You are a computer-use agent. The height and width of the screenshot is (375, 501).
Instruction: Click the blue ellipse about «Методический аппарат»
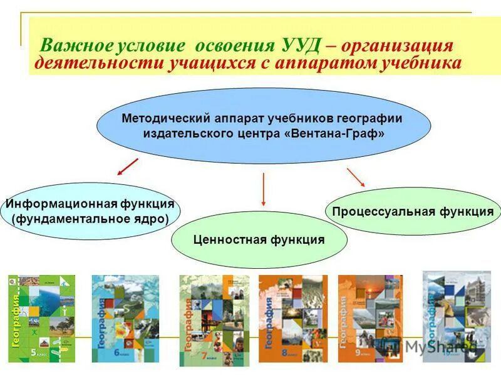(263, 126)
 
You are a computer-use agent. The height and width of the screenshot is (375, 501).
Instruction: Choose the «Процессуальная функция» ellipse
(413, 211)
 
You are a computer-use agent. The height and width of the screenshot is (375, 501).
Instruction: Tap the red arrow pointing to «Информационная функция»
(128, 167)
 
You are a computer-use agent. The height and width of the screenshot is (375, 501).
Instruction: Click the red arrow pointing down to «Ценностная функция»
(264, 189)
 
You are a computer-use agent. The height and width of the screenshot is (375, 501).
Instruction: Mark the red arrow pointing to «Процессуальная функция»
(356, 177)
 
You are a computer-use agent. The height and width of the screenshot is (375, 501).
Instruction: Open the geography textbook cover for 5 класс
(41, 319)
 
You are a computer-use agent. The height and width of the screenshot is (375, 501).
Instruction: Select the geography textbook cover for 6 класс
(125, 319)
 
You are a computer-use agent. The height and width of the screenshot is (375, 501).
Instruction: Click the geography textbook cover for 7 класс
(214, 320)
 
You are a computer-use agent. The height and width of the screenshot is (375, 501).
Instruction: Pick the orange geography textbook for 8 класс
(292, 319)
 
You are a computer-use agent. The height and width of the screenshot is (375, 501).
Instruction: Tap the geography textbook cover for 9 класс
(370, 319)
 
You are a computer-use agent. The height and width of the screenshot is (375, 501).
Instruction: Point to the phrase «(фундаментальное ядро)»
(90, 219)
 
